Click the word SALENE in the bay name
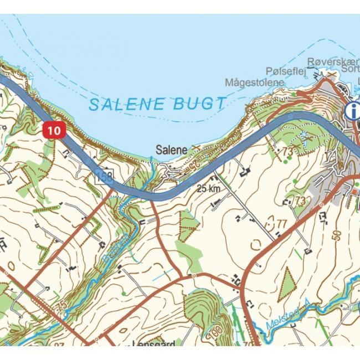[x=126, y=104]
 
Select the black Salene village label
[x=171, y=150]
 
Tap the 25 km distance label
[x=209, y=189]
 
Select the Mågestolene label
[x=254, y=83]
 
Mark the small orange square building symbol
[x=354, y=191]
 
